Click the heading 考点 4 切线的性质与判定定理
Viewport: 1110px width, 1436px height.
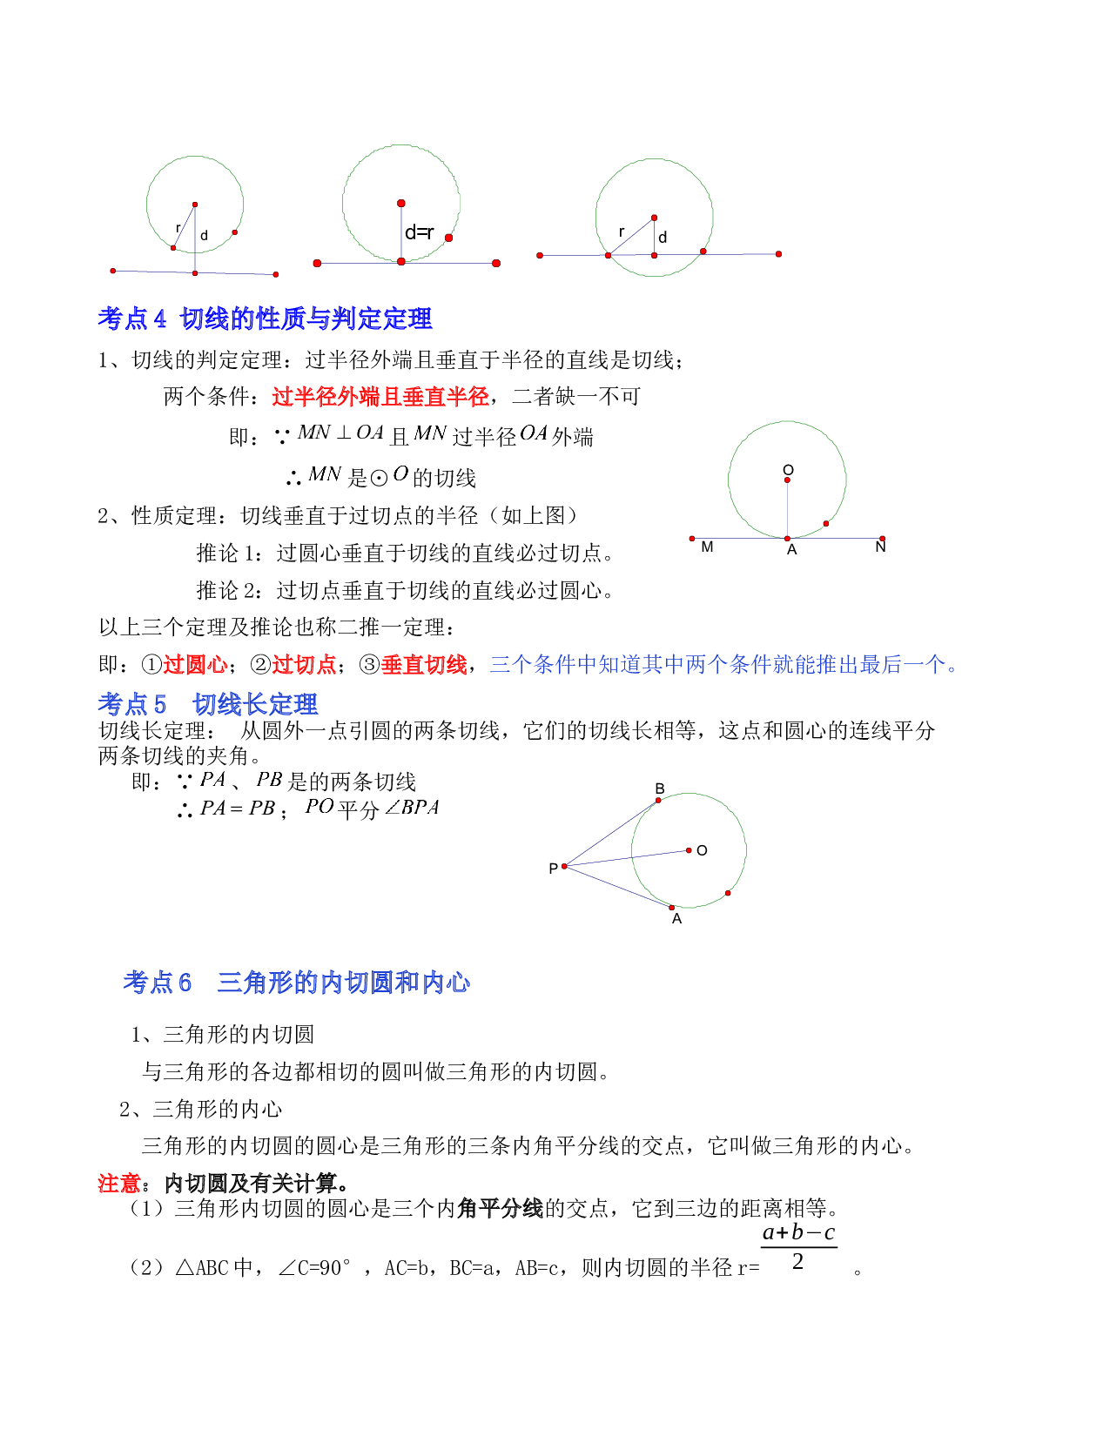(x=265, y=319)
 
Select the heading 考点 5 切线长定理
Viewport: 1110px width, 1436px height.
(x=207, y=704)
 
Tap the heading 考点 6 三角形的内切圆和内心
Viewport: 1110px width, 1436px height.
(x=296, y=983)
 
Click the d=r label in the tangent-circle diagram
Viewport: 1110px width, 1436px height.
(x=419, y=232)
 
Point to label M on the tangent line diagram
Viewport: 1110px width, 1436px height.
(x=707, y=547)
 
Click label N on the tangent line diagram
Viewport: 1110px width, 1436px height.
(x=880, y=547)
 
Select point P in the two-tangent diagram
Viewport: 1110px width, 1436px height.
(x=564, y=866)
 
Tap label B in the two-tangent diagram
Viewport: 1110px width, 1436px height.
(x=659, y=788)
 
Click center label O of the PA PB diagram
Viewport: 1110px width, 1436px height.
(x=702, y=850)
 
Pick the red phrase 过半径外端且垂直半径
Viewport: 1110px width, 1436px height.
(x=380, y=397)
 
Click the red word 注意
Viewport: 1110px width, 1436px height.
(x=119, y=1183)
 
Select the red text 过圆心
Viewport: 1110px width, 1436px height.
(x=195, y=664)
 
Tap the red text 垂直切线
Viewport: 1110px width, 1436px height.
(x=424, y=664)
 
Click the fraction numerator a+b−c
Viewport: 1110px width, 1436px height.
(x=798, y=1231)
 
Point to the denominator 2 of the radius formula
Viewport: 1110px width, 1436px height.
(x=798, y=1262)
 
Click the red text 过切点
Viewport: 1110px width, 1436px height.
(x=304, y=664)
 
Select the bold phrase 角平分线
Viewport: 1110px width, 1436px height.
(x=500, y=1208)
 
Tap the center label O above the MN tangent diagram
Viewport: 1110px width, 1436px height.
(x=788, y=470)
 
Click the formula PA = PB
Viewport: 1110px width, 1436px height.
(x=238, y=808)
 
